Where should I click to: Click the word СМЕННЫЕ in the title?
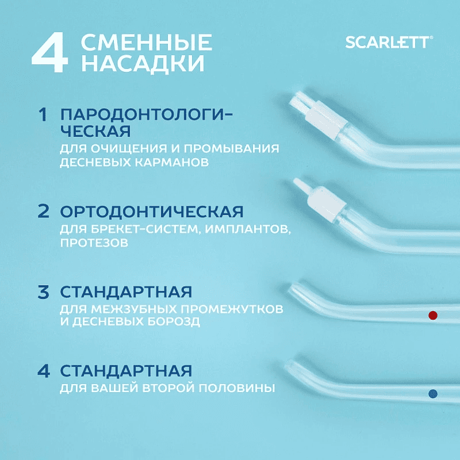[147, 43]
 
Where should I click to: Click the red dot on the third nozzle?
[433, 315]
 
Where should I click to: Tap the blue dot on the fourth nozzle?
[433, 393]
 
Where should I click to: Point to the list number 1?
[42, 114]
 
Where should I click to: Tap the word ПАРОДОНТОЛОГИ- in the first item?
[147, 114]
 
